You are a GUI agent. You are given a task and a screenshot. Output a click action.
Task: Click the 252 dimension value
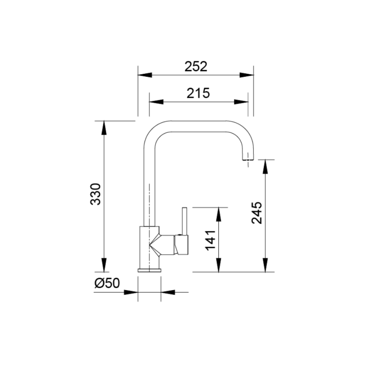pos(196,66)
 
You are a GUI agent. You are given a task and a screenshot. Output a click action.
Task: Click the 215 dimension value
pos(198,93)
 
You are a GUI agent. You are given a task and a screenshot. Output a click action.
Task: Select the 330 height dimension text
pos(96,194)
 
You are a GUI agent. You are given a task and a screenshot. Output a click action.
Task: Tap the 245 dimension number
pos(257,212)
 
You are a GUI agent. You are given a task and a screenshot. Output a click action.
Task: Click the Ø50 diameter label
pos(107,283)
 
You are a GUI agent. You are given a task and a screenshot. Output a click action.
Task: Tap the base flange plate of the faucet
pos(149,270)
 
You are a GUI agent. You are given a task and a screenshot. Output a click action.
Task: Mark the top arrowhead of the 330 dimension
pos(104,127)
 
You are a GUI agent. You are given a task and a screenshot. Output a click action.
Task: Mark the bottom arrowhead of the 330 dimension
pos(104,264)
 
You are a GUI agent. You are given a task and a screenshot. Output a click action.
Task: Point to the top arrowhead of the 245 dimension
pos(265,166)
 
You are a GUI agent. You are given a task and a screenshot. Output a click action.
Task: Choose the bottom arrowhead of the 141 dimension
pos(220,265)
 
